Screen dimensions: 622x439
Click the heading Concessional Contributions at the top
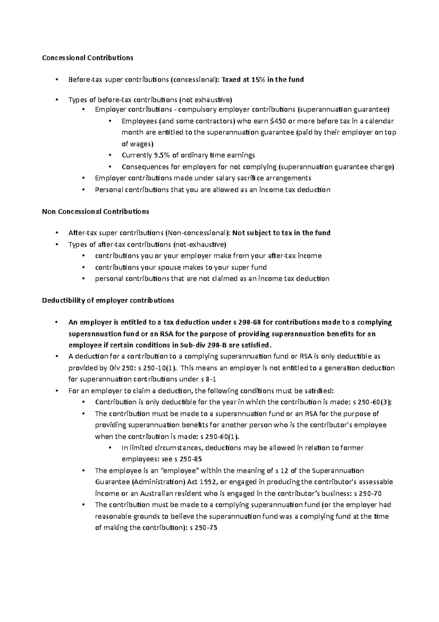87,58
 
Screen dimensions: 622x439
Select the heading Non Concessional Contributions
95,211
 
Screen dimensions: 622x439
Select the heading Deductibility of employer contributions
108,300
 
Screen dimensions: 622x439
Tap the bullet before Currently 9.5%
110,155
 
